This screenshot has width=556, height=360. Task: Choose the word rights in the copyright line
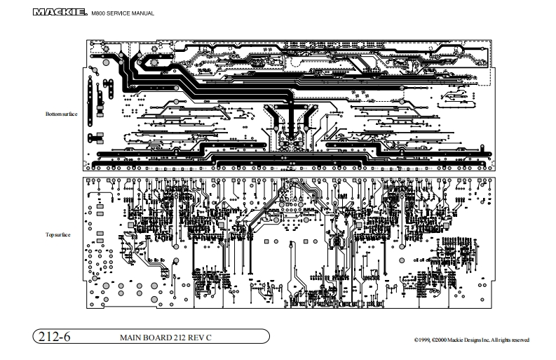coord(501,340)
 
